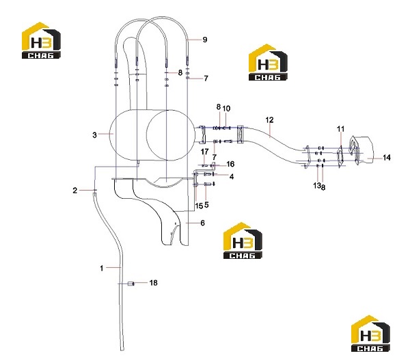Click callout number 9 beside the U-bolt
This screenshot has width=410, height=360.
(x=205, y=40)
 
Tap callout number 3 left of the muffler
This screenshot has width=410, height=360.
(x=94, y=135)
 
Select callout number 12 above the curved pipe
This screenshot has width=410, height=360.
(x=269, y=120)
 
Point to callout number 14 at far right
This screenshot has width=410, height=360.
(x=387, y=157)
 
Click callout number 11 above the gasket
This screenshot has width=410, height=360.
(x=340, y=128)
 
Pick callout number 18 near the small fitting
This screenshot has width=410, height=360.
(x=153, y=283)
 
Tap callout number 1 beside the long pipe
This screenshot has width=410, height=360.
(x=102, y=268)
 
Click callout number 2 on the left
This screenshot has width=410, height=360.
(x=75, y=191)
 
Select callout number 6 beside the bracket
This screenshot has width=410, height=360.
(x=202, y=223)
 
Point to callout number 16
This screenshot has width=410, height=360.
(x=230, y=164)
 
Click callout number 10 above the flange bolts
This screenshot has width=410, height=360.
(x=226, y=108)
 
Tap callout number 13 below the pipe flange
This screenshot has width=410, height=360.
(x=316, y=185)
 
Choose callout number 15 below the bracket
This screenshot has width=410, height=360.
(x=199, y=206)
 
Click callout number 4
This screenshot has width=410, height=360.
(x=232, y=177)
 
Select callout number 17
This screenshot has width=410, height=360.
(x=205, y=152)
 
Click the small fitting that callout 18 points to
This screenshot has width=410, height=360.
(x=131, y=283)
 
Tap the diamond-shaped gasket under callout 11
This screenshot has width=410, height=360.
(x=340, y=157)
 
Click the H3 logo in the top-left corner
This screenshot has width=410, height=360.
(x=41, y=40)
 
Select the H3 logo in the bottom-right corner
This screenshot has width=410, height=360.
(x=370, y=333)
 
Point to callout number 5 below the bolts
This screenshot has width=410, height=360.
(x=206, y=205)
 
